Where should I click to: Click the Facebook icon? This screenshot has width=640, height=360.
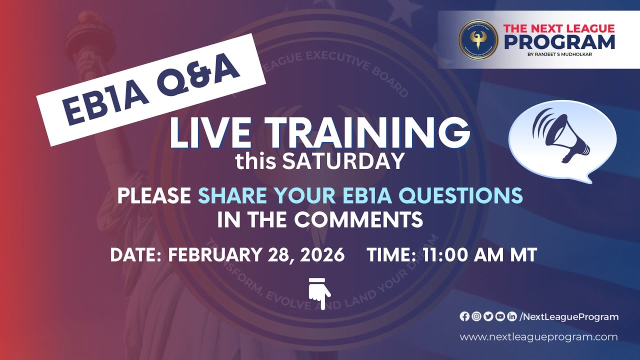[x=464, y=316]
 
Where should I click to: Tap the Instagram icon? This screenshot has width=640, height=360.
[x=476, y=316]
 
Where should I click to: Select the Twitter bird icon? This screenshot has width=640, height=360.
[x=488, y=316]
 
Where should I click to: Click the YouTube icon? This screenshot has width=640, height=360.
[x=499, y=316]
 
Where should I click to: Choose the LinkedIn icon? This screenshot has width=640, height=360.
[x=511, y=316]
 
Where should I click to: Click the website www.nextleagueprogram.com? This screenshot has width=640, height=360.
[x=538, y=337]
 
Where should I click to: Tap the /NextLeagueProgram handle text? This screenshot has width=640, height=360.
[x=569, y=316]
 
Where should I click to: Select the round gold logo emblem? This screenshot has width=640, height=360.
[x=478, y=40]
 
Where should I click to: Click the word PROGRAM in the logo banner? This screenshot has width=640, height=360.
[x=559, y=42]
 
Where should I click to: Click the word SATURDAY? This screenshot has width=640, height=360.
[x=343, y=161]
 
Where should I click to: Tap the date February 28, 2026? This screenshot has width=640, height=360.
[x=256, y=255]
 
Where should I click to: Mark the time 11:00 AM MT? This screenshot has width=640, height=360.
[x=479, y=255]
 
